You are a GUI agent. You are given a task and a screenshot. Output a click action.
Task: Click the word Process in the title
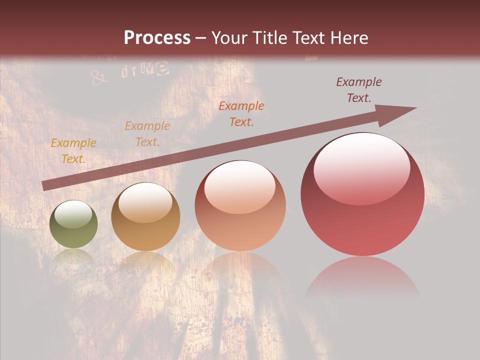(x=157, y=38)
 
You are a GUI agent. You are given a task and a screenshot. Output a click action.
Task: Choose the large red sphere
(x=362, y=194)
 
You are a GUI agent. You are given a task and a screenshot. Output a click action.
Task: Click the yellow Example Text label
(x=73, y=151)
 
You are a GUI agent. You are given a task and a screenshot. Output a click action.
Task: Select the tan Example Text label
(x=147, y=134)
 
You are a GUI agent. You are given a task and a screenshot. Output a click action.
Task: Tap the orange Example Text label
(x=241, y=113)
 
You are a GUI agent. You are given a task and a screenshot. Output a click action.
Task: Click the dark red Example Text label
(x=359, y=90)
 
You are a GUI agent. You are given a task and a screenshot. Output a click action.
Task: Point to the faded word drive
(x=144, y=70)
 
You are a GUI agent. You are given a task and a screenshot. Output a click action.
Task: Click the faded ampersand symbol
(x=98, y=76)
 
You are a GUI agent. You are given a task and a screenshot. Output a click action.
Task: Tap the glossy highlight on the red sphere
(x=362, y=167)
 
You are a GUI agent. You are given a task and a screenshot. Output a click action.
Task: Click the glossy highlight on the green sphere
(x=73, y=214)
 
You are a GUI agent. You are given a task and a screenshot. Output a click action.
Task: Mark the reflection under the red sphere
(x=362, y=277)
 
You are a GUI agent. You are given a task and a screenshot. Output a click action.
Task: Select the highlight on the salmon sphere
(x=240, y=186)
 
